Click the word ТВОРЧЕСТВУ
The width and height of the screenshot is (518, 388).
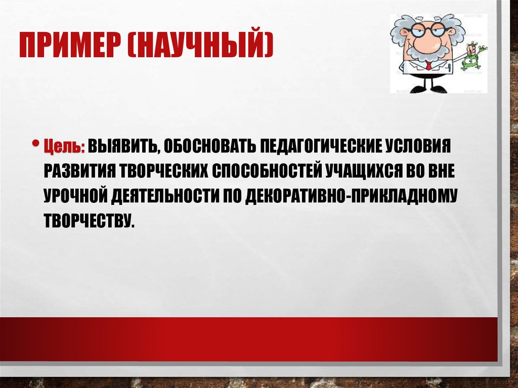point(90,221)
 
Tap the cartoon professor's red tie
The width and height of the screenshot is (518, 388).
point(429,65)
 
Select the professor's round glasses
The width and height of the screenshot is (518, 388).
point(427,29)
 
